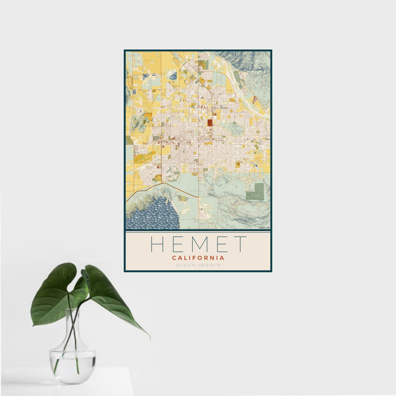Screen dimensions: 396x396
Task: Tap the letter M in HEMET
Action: [198, 244]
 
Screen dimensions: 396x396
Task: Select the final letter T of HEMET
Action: [240, 244]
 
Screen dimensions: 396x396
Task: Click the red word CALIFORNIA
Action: [198, 257]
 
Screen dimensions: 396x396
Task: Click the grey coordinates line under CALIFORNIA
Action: [198, 265]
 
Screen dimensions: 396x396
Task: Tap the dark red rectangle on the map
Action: [210, 122]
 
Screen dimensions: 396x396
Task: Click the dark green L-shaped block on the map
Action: [255, 192]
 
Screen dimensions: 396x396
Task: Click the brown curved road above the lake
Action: [164, 190]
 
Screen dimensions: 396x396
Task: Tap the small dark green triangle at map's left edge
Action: [130, 140]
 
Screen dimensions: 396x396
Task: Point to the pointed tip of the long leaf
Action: [149, 337]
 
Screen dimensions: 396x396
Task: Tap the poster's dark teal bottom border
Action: [198, 271]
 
